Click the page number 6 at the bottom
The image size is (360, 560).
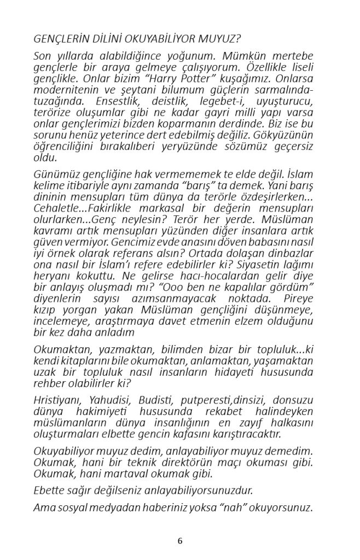[180, 541]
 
